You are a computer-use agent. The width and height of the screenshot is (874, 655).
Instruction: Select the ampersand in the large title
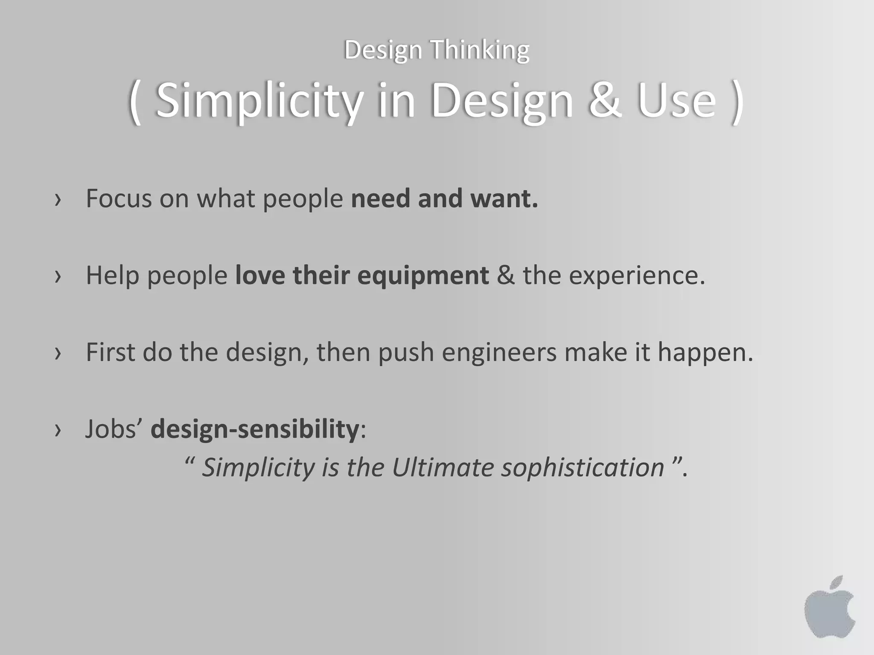[x=605, y=101]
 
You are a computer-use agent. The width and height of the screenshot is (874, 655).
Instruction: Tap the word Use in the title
[x=676, y=101]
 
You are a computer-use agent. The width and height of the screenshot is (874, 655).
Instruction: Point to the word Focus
[x=119, y=198]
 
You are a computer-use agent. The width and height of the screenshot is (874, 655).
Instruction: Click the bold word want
[x=504, y=199]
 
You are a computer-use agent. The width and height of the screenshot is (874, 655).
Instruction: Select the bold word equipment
[x=422, y=276]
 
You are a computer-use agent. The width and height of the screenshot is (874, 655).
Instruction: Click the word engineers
[x=499, y=353]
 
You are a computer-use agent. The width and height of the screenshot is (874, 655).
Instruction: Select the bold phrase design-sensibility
[x=255, y=429]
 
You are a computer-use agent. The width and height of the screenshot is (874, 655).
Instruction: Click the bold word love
[x=260, y=275]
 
